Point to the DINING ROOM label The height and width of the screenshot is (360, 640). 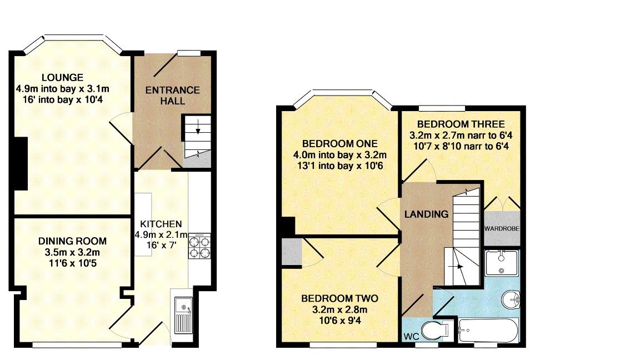pyautogui.click(x=72, y=241)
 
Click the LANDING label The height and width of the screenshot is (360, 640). pyautogui.click(x=426, y=214)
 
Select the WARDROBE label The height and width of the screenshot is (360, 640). pyautogui.click(x=502, y=228)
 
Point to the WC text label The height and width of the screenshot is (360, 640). pyautogui.click(x=411, y=337)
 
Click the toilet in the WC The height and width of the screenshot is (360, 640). pyautogui.click(x=435, y=332)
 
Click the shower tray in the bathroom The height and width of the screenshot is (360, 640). pyautogui.click(x=502, y=263)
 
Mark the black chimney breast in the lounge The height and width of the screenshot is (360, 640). pyautogui.click(x=20, y=164)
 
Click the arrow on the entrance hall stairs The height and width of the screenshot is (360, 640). pyautogui.click(x=197, y=130)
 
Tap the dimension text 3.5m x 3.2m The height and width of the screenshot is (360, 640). pyautogui.click(x=72, y=252)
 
